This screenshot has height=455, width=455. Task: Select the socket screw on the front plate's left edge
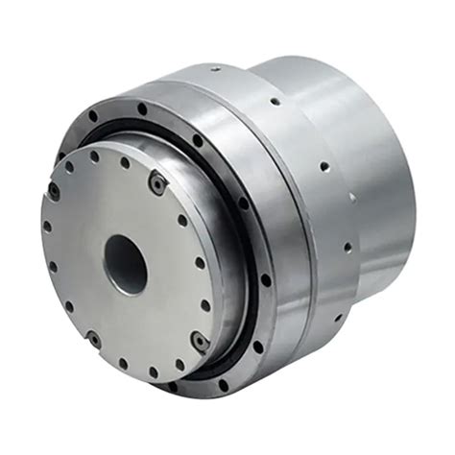pyautogui.click(x=55, y=192)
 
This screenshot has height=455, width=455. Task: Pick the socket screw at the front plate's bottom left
pyautogui.click(x=94, y=338)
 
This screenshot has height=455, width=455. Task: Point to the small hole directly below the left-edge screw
pyautogui.click(x=46, y=227)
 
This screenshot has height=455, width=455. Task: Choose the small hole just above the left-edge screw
pyautogui.click(x=69, y=167)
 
